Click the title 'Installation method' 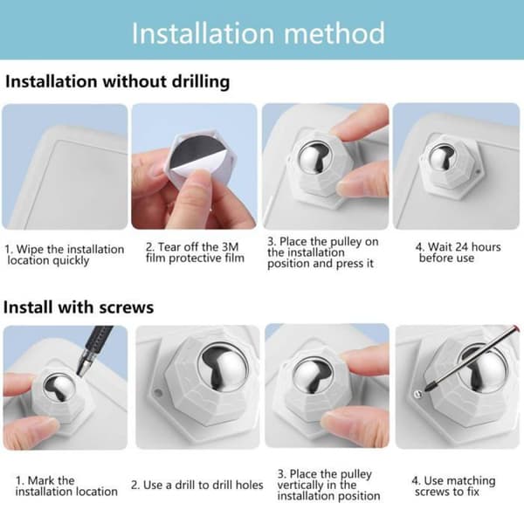point(259,33)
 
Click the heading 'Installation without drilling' point(118,81)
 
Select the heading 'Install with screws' point(79,307)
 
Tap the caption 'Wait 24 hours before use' point(458,252)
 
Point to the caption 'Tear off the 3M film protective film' point(195,252)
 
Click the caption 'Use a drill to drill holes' point(197,485)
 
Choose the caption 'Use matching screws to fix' point(453,486)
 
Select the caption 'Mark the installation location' point(66,486)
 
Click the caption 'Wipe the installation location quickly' point(64,255)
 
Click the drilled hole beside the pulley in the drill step point(157,392)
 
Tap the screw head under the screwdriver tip point(417,395)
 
